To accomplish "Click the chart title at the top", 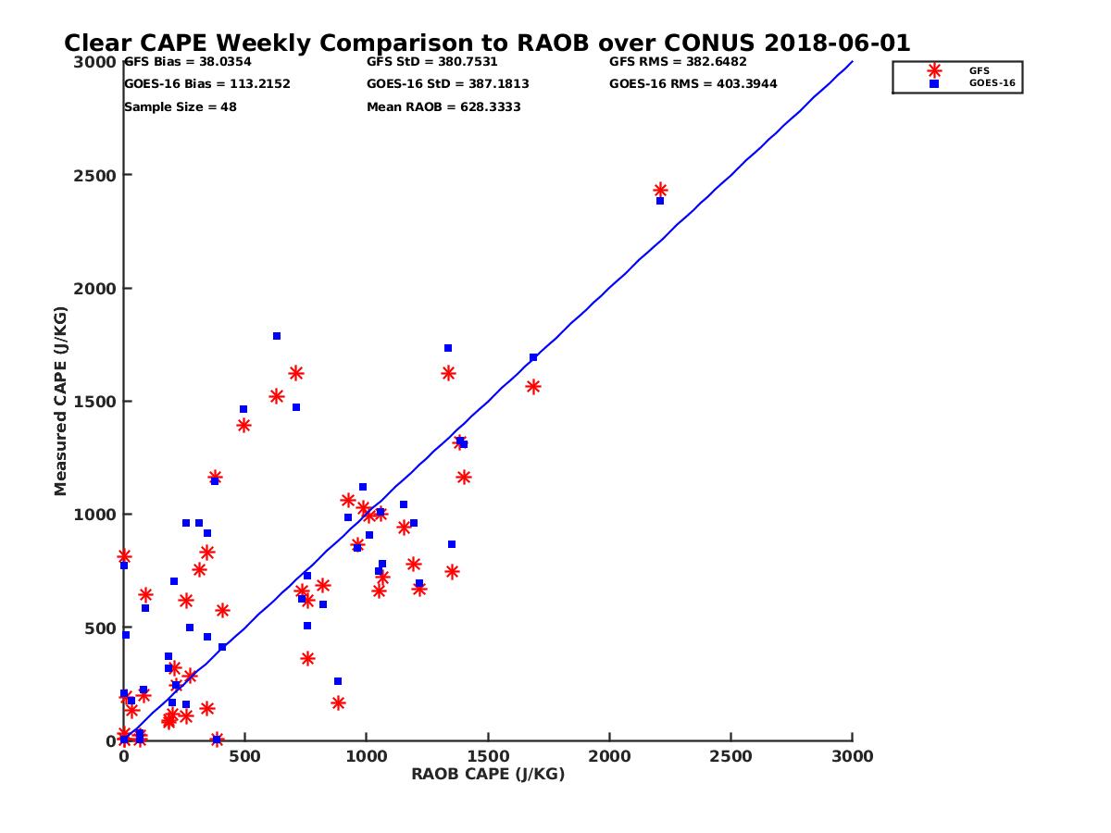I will (487, 44).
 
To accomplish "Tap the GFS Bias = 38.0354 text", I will (188, 62).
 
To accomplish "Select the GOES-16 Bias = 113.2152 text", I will (207, 84).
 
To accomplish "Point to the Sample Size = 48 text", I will (181, 107).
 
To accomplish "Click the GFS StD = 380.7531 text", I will (432, 62).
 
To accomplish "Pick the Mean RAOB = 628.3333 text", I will (443, 107).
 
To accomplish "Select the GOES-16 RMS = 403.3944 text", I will (693, 84).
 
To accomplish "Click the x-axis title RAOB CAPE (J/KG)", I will (488, 775).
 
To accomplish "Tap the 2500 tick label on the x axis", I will (731, 757).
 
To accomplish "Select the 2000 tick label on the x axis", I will (610, 757).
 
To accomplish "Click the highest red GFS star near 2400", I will (660, 191).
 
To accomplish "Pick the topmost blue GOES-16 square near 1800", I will (277, 336).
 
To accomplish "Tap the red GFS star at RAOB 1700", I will (533, 387).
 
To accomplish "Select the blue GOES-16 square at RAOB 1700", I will (533, 357).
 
